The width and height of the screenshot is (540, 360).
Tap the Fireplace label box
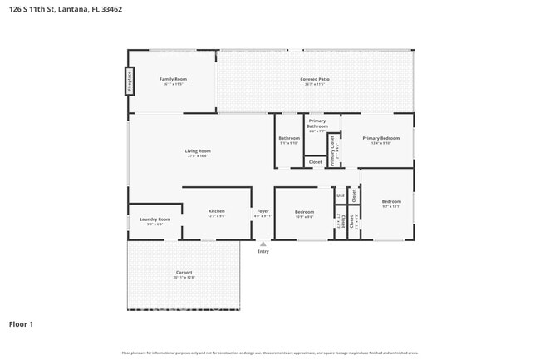coord(130,81)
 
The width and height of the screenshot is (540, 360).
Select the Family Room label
coord(173,79)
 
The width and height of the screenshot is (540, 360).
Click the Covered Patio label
coord(315,79)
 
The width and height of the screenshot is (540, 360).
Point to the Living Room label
coord(198,150)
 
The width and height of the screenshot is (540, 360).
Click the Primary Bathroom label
coord(317,124)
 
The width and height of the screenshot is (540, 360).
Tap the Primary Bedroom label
coord(380,138)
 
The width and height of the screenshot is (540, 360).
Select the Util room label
coord(341,195)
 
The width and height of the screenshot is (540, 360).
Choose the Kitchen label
coord(216,212)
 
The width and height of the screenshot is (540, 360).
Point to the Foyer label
coord(263,212)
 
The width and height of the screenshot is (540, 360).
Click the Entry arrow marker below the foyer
coord(263,244)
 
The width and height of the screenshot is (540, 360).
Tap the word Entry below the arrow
coord(263,251)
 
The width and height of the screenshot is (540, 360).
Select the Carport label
coord(184,273)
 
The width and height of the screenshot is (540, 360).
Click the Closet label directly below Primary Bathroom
coord(315,161)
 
